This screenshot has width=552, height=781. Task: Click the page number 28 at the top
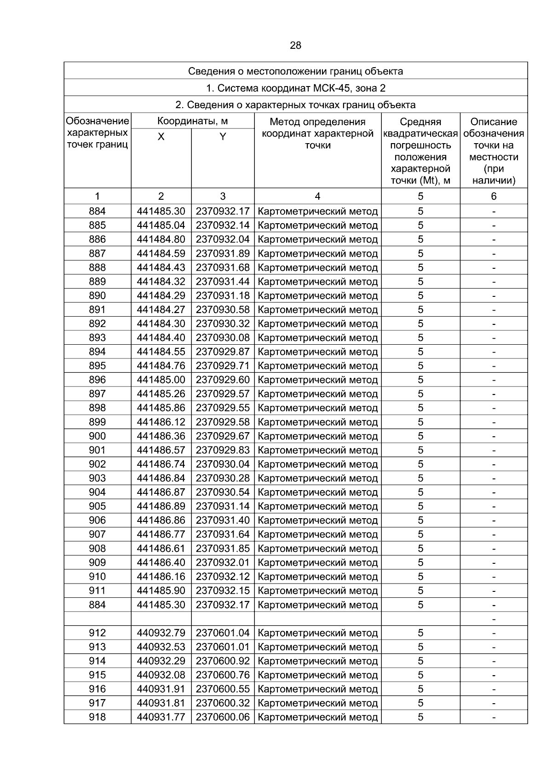click(x=295, y=46)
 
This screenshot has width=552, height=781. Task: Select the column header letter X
click(x=161, y=137)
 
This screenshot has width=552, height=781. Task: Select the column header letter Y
click(x=223, y=137)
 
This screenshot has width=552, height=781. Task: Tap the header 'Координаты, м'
click(x=192, y=121)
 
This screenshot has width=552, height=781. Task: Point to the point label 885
click(x=97, y=226)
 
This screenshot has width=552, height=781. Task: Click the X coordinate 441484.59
click(x=161, y=254)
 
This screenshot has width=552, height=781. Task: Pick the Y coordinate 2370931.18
click(x=223, y=295)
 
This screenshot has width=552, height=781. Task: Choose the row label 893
click(x=97, y=338)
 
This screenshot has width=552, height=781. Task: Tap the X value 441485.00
click(x=161, y=380)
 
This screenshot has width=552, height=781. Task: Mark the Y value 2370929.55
click(x=223, y=408)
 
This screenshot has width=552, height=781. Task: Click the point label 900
click(x=97, y=436)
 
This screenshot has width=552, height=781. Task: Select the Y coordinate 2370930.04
click(x=223, y=464)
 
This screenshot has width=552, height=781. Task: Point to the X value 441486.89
click(x=161, y=506)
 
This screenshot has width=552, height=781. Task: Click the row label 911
click(x=97, y=590)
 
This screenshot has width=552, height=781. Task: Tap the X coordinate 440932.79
click(x=161, y=633)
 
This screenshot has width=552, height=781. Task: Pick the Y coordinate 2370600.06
click(x=223, y=717)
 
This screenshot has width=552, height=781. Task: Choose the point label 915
click(x=97, y=675)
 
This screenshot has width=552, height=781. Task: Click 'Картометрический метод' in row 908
click(x=318, y=549)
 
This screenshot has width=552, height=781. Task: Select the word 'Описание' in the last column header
click(x=494, y=122)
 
